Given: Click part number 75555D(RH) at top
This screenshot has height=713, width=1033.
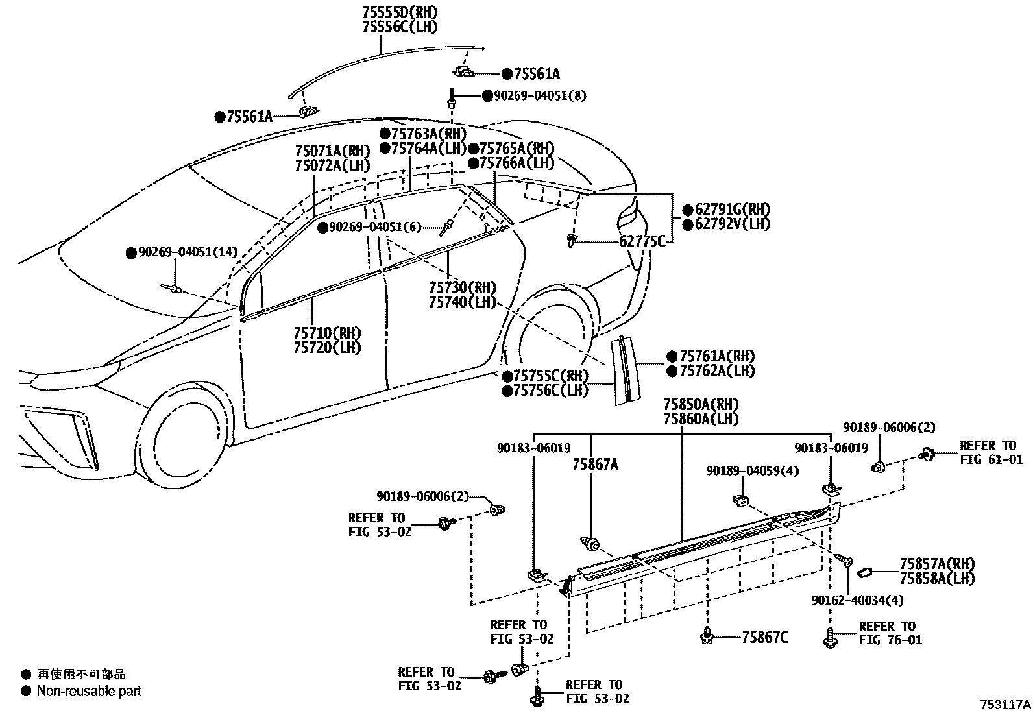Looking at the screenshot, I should coord(398,12).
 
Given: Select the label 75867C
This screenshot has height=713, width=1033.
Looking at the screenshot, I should coord(764,638).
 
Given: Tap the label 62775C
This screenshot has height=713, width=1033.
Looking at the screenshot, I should coord(642,242).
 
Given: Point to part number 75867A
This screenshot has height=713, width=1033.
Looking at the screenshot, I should coord(594,465).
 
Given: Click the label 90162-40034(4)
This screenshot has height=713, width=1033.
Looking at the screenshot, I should coord(857,601).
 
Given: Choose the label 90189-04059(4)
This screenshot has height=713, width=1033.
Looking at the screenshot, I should coord(752,471).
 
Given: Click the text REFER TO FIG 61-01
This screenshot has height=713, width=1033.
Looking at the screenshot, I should coord(991,453).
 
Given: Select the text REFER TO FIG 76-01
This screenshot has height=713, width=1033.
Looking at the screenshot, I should coord(890,633).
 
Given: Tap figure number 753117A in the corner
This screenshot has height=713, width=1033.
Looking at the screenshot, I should coord(1004,705).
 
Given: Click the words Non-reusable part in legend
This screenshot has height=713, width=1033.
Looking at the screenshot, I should coord(89,692).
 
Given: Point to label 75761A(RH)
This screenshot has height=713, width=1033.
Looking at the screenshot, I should coord(716,356).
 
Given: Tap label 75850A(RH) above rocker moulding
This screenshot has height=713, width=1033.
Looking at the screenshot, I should coord(700,405).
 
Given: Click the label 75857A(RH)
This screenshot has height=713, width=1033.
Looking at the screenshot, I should coord(936,564).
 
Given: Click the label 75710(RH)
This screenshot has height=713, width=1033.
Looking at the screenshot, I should coord(326,333).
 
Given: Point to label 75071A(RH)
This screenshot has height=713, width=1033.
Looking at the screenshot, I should coord(331,151).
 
